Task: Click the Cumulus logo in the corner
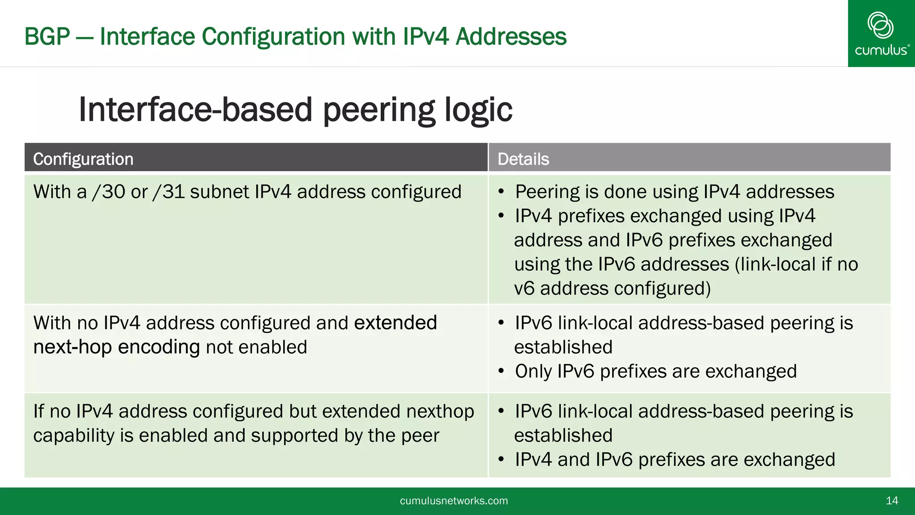[x=881, y=34]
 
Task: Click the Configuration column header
[x=83, y=159]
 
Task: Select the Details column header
[x=523, y=159]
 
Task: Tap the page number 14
[x=892, y=501]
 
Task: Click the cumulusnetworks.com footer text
[x=453, y=501]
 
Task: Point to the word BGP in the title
[x=47, y=37]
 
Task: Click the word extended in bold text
[x=395, y=323]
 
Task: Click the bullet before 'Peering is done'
[x=501, y=192]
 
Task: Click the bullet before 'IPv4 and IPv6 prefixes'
[x=501, y=460]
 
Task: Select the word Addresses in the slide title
[x=511, y=37]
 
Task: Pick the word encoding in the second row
[x=159, y=347]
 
